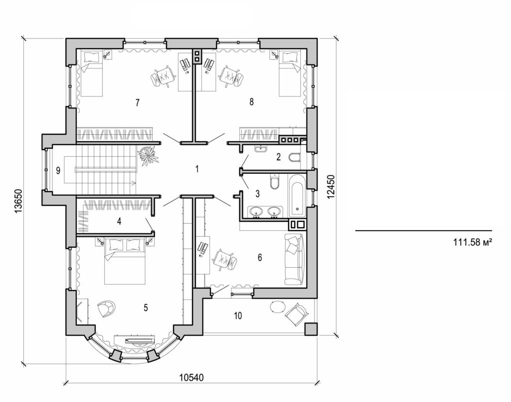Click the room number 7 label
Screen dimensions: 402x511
coord(137,103)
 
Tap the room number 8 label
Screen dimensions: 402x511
coord(252,102)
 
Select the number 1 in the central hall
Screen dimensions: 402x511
coord(197,169)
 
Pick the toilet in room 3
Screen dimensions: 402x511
coord(274,183)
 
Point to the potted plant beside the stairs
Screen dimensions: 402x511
coord(148,155)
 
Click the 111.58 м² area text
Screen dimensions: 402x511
coord(473,243)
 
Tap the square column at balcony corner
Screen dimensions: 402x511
coord(311,329)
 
